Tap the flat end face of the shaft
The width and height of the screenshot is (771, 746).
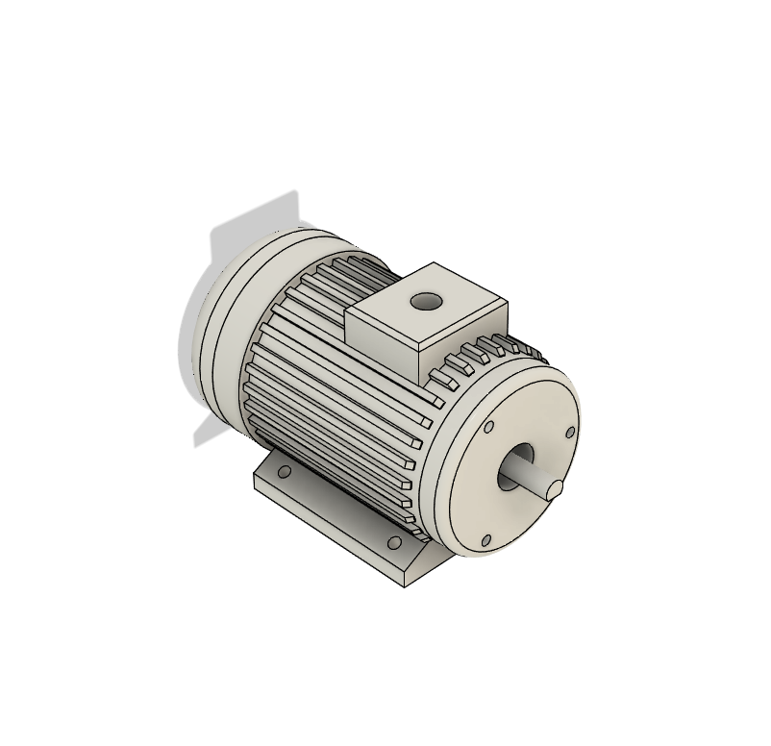pos(554,489)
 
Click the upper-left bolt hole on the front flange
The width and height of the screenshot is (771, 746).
pos(488,426)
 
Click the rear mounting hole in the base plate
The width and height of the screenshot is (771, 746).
pos(284,473)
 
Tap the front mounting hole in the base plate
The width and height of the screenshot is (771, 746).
pos(393,543)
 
